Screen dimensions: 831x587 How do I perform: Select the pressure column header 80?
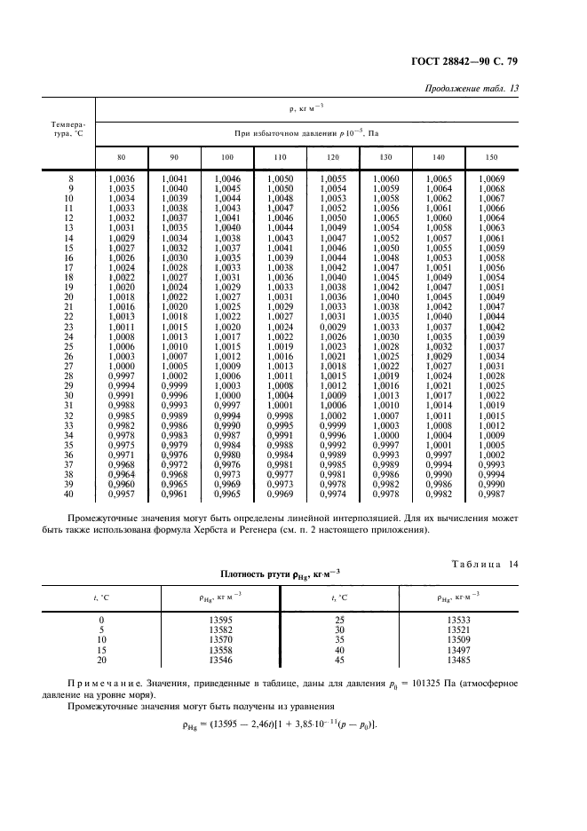pos(121,157)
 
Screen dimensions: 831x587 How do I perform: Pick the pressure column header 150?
pos(492,157)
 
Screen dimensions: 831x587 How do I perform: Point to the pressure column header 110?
pos(280,157)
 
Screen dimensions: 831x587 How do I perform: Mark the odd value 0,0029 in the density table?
pos(332,327)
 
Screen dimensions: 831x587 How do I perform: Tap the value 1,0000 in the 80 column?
pos(121,366)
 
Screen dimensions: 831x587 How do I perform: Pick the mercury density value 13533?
pos(459,620)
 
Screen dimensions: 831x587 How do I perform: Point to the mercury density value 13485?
pos(459,661)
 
